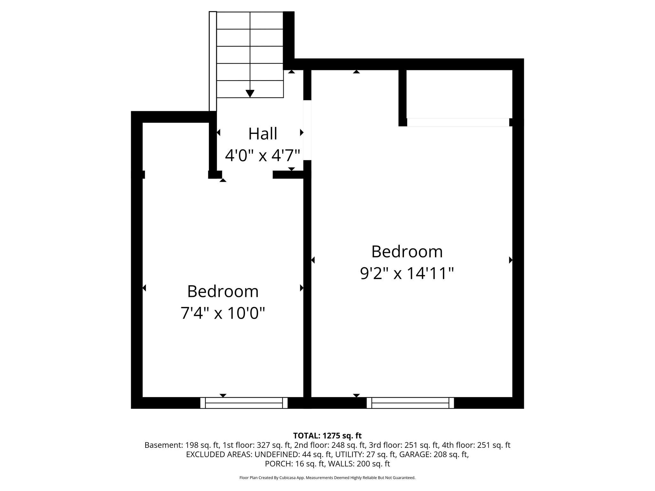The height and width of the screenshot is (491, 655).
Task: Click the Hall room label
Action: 263,134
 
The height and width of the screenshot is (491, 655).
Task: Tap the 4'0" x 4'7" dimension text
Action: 263,156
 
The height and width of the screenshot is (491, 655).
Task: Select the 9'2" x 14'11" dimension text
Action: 407,274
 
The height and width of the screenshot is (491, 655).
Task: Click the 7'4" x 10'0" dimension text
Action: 223,313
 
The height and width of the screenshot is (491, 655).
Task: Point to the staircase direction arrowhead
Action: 250,93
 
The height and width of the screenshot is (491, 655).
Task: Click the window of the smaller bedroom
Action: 244,403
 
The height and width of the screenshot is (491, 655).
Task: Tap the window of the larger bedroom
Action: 410,403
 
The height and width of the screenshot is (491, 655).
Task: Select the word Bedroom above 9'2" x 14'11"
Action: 407,252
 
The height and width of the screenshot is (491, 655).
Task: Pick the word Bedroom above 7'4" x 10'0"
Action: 223,292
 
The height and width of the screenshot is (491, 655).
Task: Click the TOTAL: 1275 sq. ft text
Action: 327,435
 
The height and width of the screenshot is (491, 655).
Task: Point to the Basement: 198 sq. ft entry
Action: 181,445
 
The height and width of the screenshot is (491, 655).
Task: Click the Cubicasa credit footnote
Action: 327,478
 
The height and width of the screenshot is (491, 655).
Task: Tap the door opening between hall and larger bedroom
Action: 307,130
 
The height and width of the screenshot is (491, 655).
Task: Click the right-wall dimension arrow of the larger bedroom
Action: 510,260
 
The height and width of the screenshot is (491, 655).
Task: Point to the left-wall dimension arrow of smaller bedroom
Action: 144,288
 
